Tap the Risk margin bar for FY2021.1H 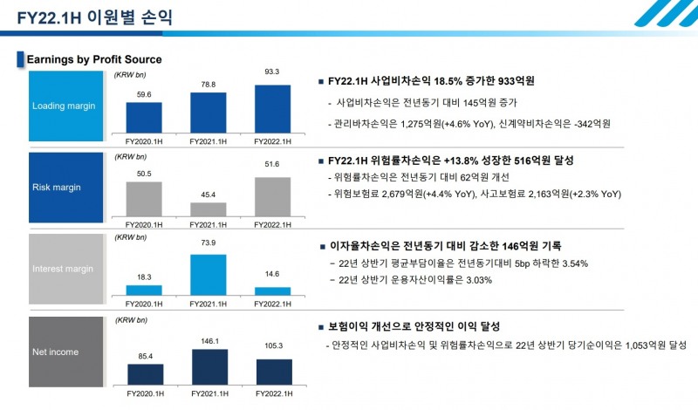click(208, 209)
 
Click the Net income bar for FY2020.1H click(144, 373)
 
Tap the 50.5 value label click(144, 174)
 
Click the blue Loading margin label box click(66, 106)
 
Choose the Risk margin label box click(66, 188)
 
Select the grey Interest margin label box click(66, 270)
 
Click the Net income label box click(66, 352)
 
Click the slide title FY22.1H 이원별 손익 click(90, 17)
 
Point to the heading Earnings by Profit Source click(94, 59)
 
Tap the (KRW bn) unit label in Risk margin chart click(130, 157)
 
